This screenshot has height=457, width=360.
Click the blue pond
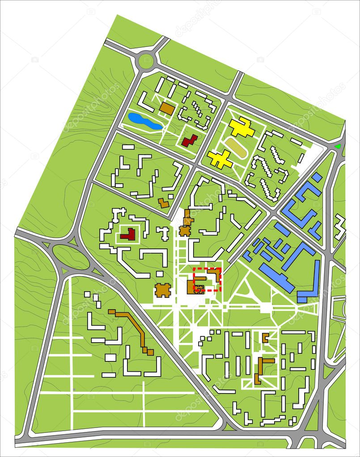[144, 121]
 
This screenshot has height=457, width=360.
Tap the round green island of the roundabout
[146, 61]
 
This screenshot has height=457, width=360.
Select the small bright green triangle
[339, 146]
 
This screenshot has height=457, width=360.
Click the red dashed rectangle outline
[207, 280]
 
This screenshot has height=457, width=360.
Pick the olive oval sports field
[236, 147]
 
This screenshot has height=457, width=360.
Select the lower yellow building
[220, 159]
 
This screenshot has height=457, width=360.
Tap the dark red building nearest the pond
[189, 141]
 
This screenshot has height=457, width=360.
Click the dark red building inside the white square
[129, 234]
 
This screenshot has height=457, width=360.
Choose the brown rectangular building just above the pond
[167, 108]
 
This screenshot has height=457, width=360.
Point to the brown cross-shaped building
[163, 290]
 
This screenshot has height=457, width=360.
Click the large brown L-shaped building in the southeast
[262, 369]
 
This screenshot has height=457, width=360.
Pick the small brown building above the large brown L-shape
[265, 337]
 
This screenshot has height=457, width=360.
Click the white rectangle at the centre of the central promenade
[266, 307]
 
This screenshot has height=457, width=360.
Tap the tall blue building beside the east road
[316, 277]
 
